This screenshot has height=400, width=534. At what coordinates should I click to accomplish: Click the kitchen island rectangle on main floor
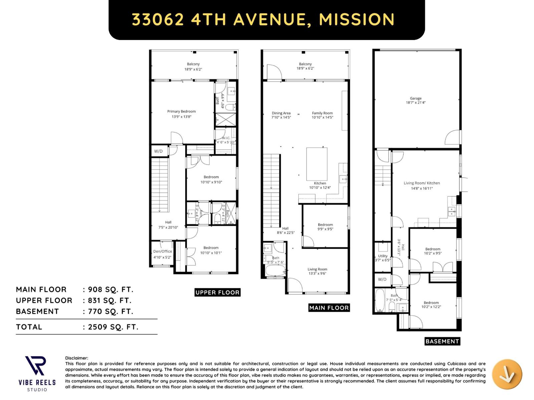317,164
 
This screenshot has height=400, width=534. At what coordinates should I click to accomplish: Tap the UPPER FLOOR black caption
217,293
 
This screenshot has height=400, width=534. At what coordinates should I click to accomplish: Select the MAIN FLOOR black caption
329,308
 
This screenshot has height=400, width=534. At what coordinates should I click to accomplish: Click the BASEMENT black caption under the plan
442,341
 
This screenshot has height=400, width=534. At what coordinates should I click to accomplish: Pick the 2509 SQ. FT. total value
113,327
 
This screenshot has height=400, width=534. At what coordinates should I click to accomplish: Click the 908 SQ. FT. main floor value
110,289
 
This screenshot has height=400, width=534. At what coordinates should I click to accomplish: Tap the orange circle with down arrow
507,374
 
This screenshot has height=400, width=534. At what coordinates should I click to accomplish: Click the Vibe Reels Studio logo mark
35,366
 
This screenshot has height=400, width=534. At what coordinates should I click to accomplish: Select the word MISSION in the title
356,19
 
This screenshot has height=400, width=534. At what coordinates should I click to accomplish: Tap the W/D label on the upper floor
159,151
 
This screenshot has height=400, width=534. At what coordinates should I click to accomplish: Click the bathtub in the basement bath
380,300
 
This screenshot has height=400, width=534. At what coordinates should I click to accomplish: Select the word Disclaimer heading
76,358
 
